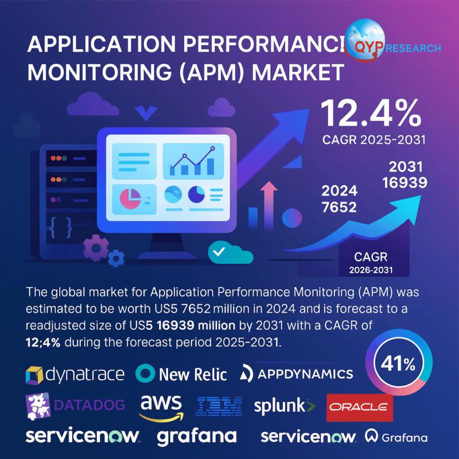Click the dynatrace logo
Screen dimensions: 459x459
pyautogui.click(x=75, y=375)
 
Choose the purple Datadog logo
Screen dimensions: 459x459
pyautogui.click(x=75, y=405)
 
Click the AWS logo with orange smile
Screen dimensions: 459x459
pyautogui.click(x=161, y=406)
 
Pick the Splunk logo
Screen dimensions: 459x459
pyautogui.click(x=285, y=406)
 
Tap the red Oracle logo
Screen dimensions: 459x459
pyautogui.click(x=360, y=407)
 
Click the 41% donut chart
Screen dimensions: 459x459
pyautogui.click(x=395, y=364)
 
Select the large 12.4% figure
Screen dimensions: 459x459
pyautogui.click(x=369, y=114)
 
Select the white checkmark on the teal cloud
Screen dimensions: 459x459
pyautogui.click(x=218, y=251)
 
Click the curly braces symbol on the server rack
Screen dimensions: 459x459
pyautogui.click(x=60, y=227)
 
